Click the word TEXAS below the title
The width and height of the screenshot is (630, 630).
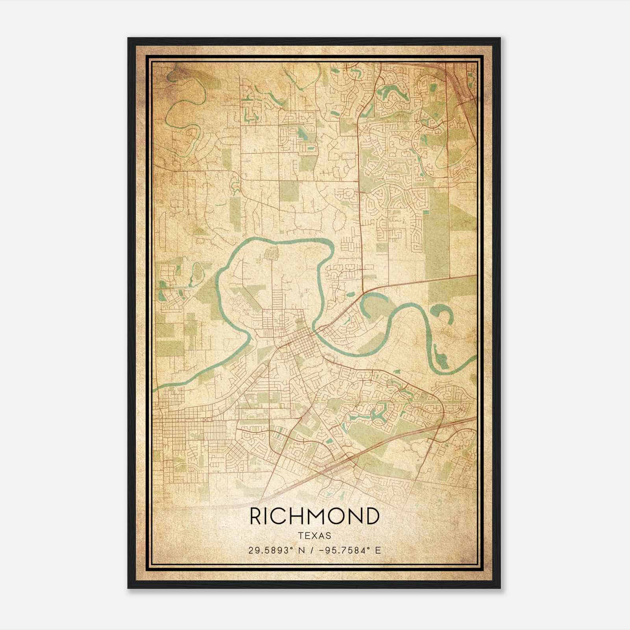[314, 535]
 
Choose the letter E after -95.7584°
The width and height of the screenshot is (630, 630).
[378, 550]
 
